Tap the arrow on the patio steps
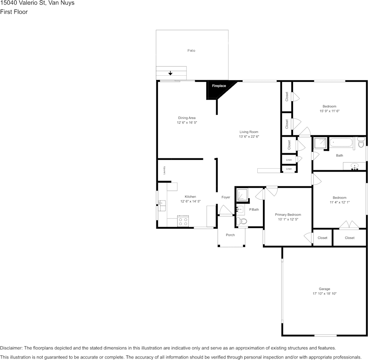click(x=170, y=73)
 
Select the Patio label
click(x=191, y=51)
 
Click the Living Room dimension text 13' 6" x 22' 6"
click(x=249, y=137)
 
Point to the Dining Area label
click(x=186, y=118)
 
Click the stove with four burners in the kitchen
click(x=183, y=221)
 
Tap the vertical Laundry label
click(x=164, y=170)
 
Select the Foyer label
click(x=226, y=197)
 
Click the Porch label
click(x=230, y=235)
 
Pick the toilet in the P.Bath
click(x=242, y=221)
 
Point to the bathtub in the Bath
click(x=341, y=143)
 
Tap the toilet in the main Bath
click(x=360, y=143)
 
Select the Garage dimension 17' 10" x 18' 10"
click(x=324, y=294)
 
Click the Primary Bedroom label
click(x=288, y=215)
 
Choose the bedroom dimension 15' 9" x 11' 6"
click(x=329, y=111)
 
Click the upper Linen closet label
click(x=289, y=160)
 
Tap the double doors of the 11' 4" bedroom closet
click(x=349, y=225)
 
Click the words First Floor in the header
click(x=14, y=12)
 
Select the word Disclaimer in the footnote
click(x=11, y=348)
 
